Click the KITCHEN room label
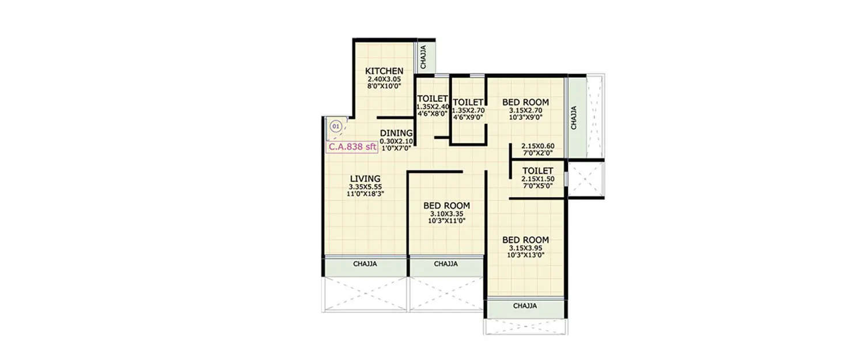point(384,71)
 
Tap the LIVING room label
point(365,178)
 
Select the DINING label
point(396,133)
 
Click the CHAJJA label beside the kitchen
point(423,57)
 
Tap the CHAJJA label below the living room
point(365,264)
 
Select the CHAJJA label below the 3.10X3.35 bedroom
point(446,264)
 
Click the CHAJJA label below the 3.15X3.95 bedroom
point(525,306)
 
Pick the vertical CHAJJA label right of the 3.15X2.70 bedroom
point(574,118)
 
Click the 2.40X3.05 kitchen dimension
point(384,79)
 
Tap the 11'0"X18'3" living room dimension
point(366,194)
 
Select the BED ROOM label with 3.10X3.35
point(446,206)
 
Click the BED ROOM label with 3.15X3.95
point(525,240)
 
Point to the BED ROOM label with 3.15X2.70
point(525,103)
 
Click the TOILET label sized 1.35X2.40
point(433,98)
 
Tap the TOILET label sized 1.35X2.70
point(467,102)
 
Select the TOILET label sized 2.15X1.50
point(537,171)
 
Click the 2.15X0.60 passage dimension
point(537,146)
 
